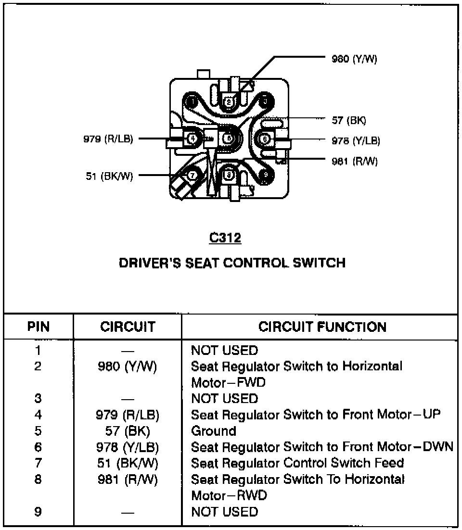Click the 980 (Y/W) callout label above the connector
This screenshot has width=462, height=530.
coord(355,59)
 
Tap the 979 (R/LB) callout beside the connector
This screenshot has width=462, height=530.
coord(107,139)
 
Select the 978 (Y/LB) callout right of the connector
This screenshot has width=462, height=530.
coord(356,140)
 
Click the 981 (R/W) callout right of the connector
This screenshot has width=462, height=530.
coord(355,161)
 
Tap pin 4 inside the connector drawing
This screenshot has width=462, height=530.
coord(192,139)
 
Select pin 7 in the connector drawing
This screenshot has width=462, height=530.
coord(192,175)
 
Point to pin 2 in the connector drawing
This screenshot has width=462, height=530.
coord(229,101)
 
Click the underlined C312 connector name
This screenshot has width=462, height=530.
coord(225,238)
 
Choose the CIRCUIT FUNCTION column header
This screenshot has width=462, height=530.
coord(322,327)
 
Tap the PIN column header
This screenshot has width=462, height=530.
coord(38,327)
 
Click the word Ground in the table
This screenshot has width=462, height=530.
coord(214,430)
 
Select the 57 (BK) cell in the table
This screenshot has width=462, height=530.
coord(128,431)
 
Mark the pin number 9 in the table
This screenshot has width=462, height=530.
coord(38,512)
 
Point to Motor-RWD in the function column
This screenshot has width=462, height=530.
coord(229,495)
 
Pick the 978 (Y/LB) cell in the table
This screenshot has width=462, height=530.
coord(128,447)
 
